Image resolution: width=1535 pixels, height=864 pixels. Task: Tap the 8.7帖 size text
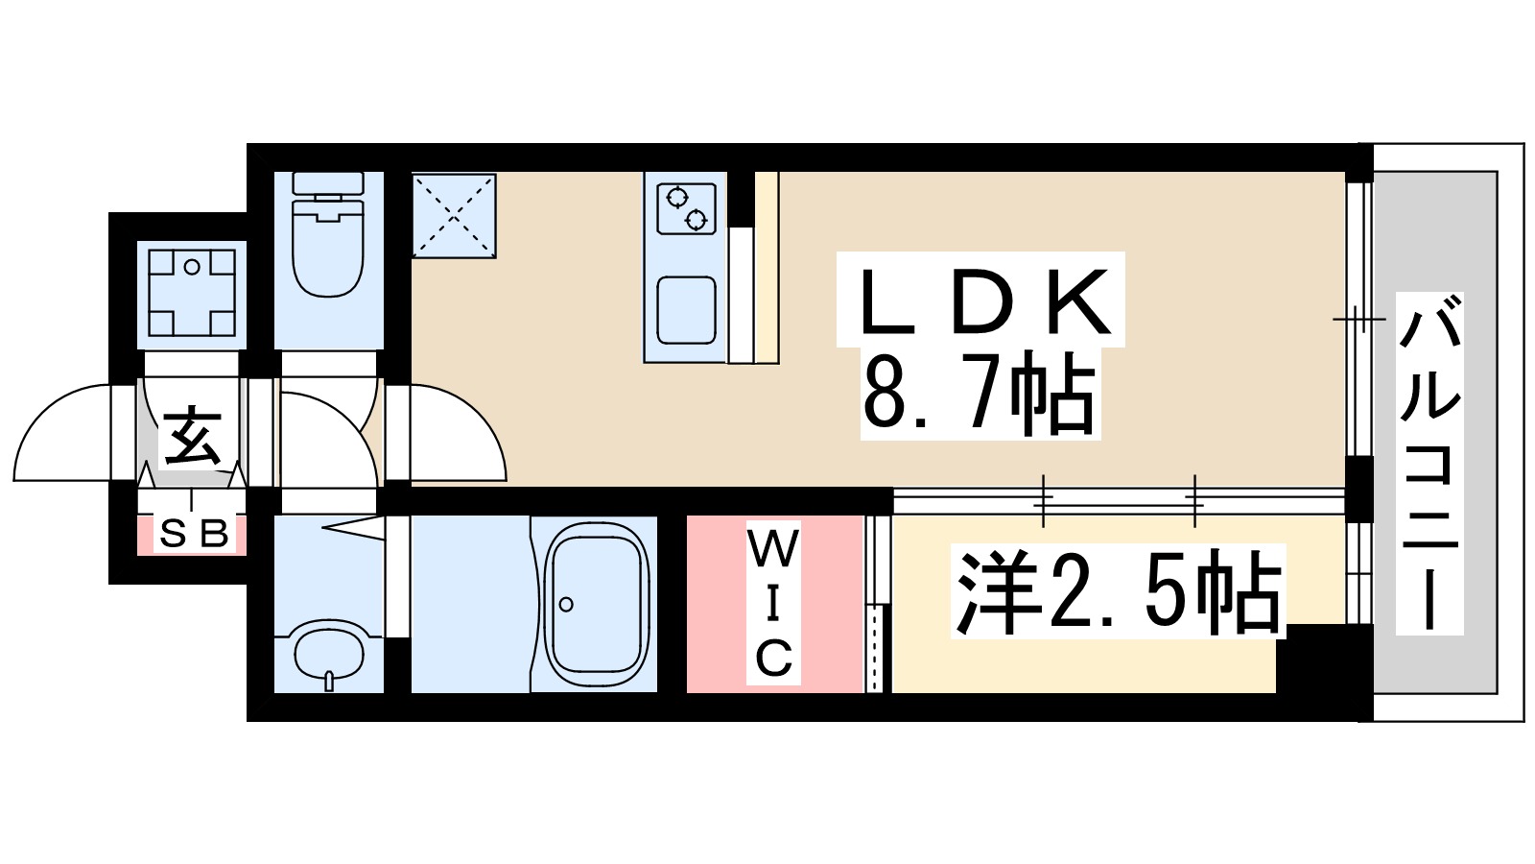pos(979,394)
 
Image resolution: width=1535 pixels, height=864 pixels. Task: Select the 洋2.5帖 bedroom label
pos(1119,591)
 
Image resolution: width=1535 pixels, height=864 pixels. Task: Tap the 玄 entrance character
pos(193,437)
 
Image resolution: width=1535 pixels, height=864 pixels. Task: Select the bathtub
pos(595,605)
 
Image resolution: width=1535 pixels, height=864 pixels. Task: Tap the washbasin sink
pos(329,653)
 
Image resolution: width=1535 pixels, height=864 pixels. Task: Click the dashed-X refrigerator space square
pos(454,216)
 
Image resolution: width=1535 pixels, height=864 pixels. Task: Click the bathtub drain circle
pos(566,604)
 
